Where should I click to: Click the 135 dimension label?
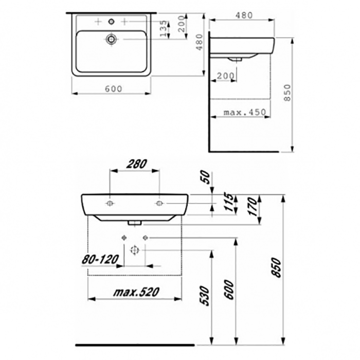pyautogui.click(x=163, y=29)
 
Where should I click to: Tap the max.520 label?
pyautogui.click(x=136, y=292)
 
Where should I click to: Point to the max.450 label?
pyautogui.click(x=245, y=112)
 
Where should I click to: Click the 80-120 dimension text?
pyautogui.click(x=100, y=259)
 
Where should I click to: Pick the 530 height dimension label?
pyautogui.click(x=205, y=296)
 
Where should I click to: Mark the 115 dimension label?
pyautogui.click(x=229, y=202)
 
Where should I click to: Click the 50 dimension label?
pyautogui.click(x=205, y=177)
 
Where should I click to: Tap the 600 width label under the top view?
pyautogui.click(x=114, y=88)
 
